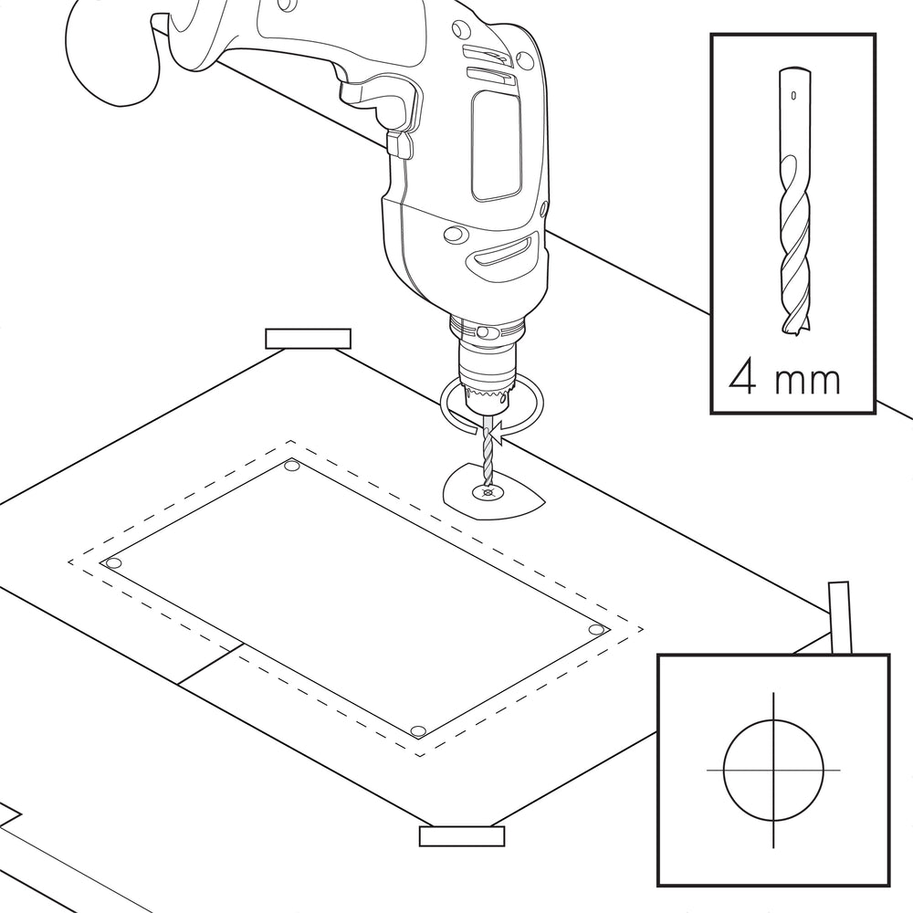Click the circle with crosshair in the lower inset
tap(773, 770)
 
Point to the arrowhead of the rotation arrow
tap(496, 435)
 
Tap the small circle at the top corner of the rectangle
tap(292, 466)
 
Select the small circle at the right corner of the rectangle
tap(596, 629)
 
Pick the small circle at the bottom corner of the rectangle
tap(417, 731)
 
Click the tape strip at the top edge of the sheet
tap(308, 339)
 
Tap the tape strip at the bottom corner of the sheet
tap(462, 836)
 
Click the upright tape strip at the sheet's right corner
tap(840, 617)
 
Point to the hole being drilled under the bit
tap(487, 494)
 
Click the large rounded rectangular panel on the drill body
tap(496, 145)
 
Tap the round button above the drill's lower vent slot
tap(456, 235)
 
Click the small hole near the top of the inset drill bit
tap(793, 95)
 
